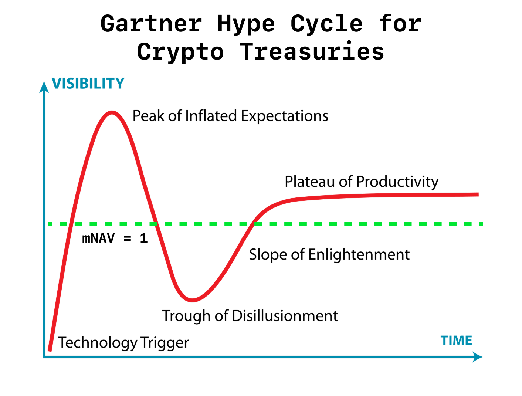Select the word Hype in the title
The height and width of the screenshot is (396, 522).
coord(246,24)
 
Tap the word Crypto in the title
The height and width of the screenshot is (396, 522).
coord(180,53)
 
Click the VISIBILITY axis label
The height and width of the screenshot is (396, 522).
coord(88,83)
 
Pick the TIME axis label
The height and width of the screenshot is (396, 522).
coord(456,340)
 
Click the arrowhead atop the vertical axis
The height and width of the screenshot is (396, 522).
coord(44,87)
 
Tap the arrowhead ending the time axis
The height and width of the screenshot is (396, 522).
coord(477,357)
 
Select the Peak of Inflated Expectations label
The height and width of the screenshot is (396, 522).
coord(230,116)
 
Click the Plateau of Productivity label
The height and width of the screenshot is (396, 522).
coord(362,182)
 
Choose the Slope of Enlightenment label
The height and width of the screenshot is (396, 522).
coord(329,255)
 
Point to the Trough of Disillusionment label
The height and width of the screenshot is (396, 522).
coord(250,316)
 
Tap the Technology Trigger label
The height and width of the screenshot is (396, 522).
coord(123,343)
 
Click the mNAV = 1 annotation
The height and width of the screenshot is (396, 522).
coord(115,238)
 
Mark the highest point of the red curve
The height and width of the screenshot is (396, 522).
coord(112,112)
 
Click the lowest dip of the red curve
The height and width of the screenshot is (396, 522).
coord(192,300)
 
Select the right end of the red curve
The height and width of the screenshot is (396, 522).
coord(478,194)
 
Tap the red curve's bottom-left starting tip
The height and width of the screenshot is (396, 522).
coord(50,350)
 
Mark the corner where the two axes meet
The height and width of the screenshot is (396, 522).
coord(44,357)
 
